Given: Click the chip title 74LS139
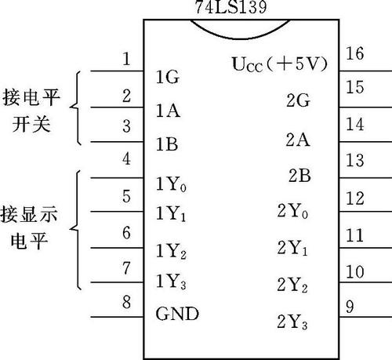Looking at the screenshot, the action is [x=231, y=7].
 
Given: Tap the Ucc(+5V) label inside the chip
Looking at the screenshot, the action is [x=279, y=64].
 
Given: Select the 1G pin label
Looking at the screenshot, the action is [x=168, y=77].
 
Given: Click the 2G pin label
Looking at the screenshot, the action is [x=298, y=100].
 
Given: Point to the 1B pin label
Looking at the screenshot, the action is [x=167, y=144].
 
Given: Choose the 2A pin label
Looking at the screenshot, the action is [x=298, y=140].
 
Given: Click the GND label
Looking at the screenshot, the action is [x=177, y=314].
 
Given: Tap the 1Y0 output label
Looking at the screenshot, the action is [x=171, y=184].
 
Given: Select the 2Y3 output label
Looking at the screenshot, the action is [x=292, y=322].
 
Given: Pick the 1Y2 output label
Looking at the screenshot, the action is [x=171, y=251].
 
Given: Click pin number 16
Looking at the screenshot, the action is [x=354, y=53].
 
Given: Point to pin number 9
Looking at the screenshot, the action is [x=350, y=307].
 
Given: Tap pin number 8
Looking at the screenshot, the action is [x=126, y=302].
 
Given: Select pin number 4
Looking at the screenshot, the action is [x=126, y=158].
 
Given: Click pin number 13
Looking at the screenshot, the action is [x=354, y=160].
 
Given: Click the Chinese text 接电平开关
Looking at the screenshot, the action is [x=31, y=111].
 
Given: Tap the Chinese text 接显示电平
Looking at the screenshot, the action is [x=29, y=227].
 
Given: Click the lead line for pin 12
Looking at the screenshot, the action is [x=365, y=212].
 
